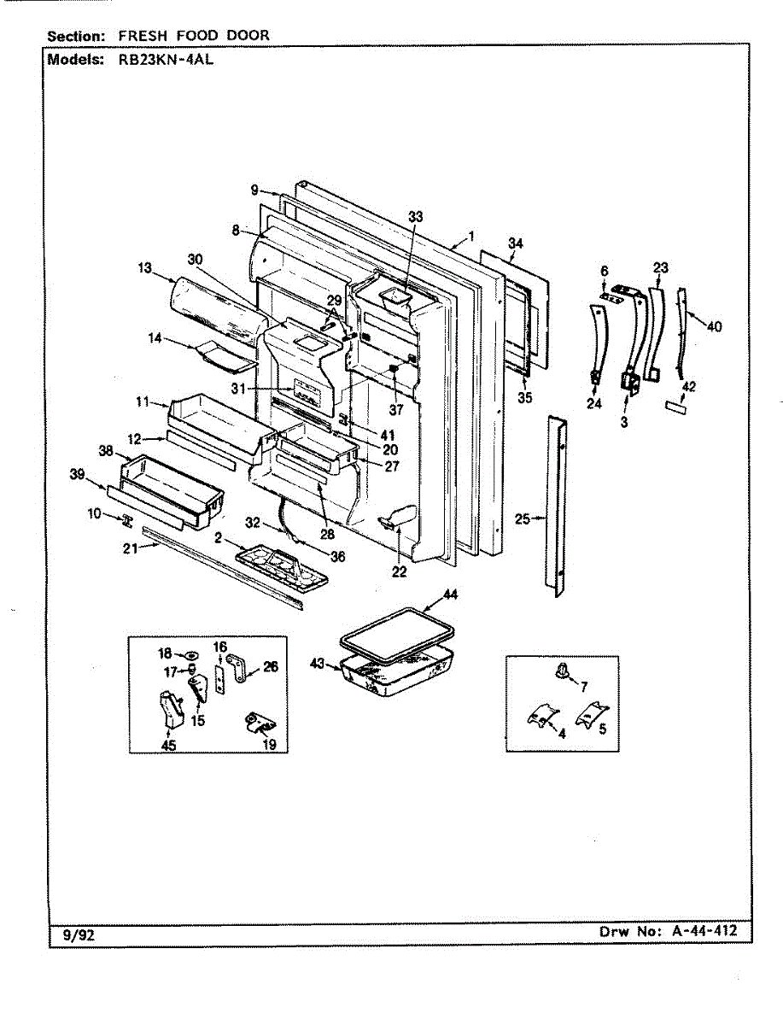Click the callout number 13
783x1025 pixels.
pyautogui.click(x=144, y=268)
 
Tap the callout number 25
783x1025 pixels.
pyautogui.click(x=523, y=518)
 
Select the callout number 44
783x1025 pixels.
pyautogui.click(x=450, y=594)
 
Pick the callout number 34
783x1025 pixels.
pyautogui.click(x=515, y=244)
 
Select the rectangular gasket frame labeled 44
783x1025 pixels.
pyautogui.click(x=397, y=635)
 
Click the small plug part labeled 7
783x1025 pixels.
pyautogui.click(x=563, y=669)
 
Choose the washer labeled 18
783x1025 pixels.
pyautogui.click(x=191, y=655)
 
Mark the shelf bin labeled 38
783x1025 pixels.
pyautogui.click(x=171, y=487)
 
